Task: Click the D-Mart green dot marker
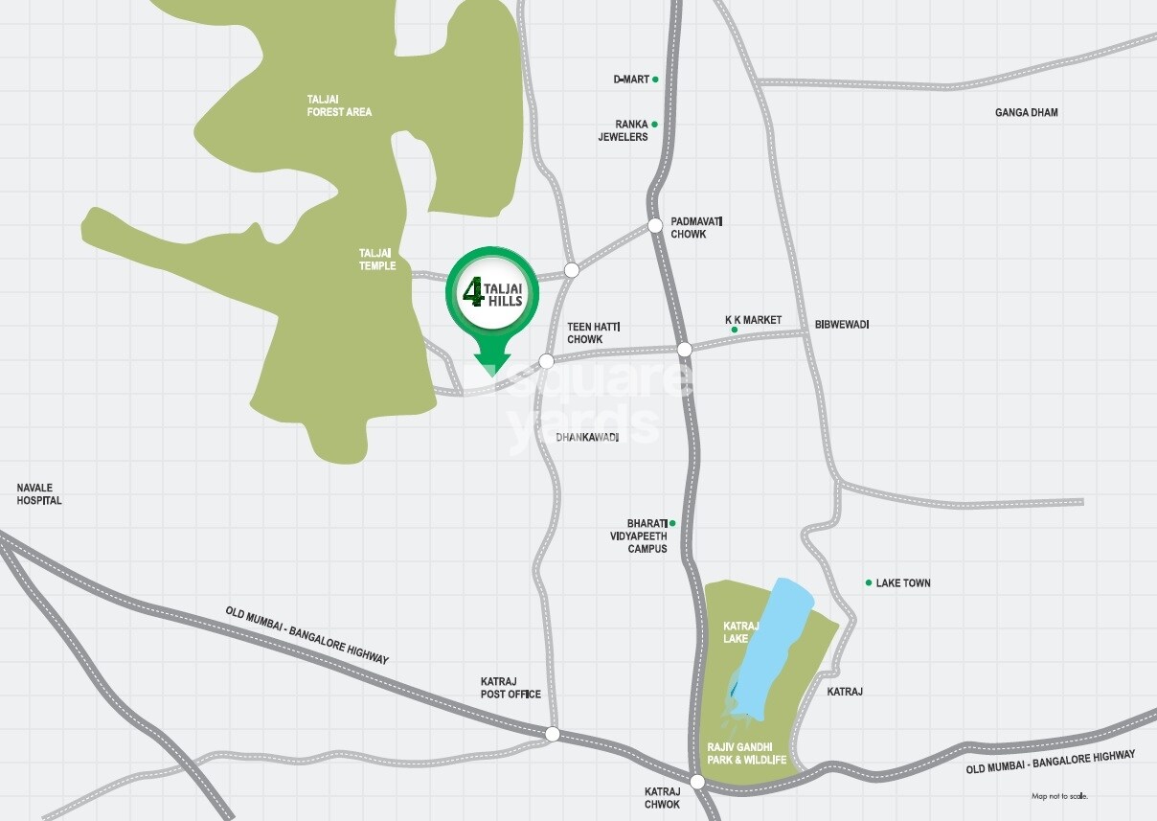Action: (x=655, y=80)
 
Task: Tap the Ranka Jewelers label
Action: (x=624, y=130)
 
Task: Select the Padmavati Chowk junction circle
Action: (x=655, y=226)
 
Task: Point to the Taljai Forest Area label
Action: (x=339, y=105)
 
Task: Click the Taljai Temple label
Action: (x=377, y=260)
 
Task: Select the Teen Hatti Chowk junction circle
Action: (x=546, y=361)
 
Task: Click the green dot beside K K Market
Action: (x=735, y=330)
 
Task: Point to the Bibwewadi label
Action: (x=842, y=325)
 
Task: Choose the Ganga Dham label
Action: (x=1026, y=113)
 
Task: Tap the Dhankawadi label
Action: (x=587, y=437)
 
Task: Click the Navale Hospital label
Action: (x=39, y=494)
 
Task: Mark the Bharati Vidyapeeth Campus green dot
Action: (x=672, y=523)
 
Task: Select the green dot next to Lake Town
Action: (x=869, y=582)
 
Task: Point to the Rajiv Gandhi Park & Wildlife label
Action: (x=746, y=753)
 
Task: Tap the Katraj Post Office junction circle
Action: (x=552, y=734)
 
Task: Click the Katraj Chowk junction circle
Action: (x=697, y=782)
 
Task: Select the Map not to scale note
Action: (x=1059, y=796)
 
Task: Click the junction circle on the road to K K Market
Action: (x=684, y=350)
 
